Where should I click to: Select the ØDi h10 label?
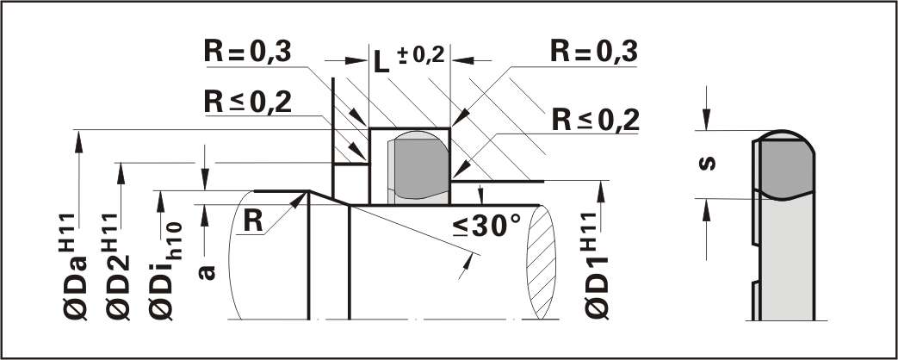coord(161,258)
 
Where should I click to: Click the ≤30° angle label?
coord(486,227)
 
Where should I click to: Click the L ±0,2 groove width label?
coord(408,59)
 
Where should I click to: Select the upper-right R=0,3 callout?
coord(594,53)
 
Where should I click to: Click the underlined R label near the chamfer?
coord(252,220)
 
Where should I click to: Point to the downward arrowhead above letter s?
coord(706,121)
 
